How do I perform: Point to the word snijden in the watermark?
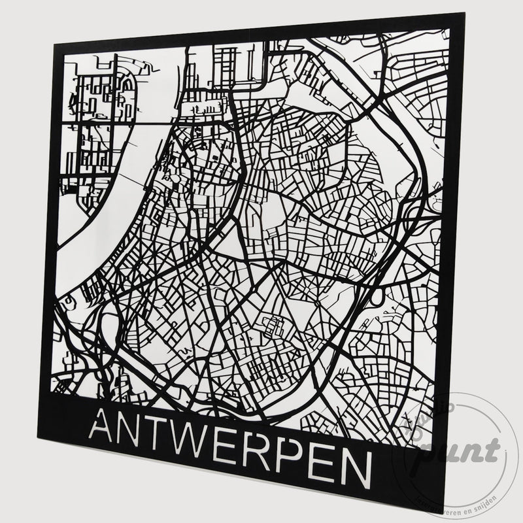(x=484, y=499)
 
